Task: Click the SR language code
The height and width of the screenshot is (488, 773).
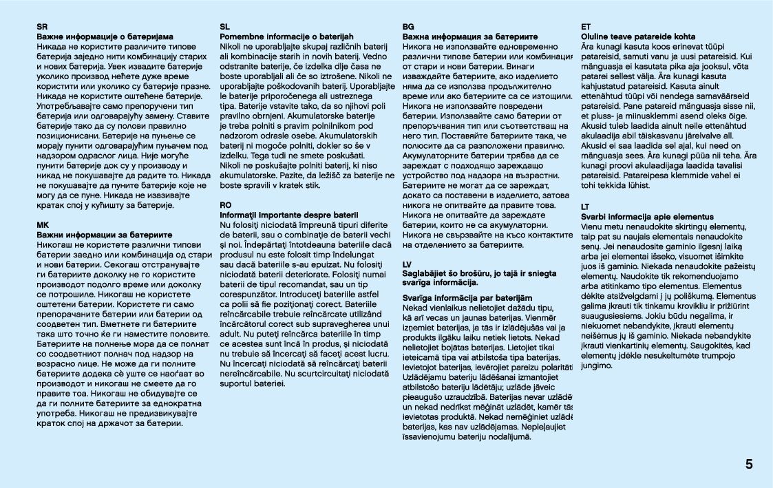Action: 42,27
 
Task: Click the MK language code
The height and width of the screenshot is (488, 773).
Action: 43,224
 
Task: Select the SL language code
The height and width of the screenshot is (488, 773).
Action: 224,27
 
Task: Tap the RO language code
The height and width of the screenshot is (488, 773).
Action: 226,205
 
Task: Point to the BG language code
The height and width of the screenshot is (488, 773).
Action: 407,27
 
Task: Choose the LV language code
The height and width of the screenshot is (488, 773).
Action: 407,264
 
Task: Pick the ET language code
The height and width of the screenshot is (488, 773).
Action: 586,27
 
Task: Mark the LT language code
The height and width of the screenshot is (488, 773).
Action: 585,206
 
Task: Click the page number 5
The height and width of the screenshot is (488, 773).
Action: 748,464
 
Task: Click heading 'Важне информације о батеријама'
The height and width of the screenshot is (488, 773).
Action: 105,36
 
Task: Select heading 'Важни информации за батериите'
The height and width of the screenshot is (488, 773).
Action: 105,234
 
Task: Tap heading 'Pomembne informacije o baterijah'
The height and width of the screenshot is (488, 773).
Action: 286,36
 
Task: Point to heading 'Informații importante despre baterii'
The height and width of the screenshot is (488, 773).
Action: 289,215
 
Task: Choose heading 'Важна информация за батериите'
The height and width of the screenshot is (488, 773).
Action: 470,36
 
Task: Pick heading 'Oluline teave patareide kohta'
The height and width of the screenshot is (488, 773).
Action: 638,36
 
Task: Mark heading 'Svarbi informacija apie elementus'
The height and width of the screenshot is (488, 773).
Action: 647,216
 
